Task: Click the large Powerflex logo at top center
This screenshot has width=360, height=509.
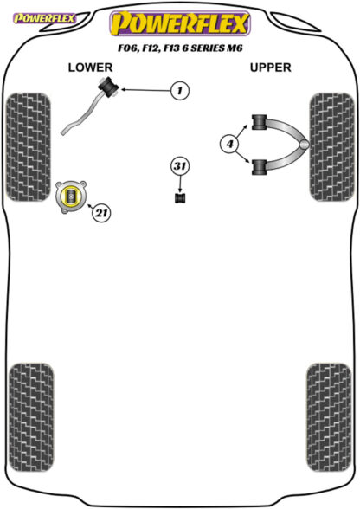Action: (180, 23)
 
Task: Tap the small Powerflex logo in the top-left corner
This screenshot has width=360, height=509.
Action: (44, 18)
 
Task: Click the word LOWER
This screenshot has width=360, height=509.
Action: (90, 68)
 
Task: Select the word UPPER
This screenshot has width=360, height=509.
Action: (270, 68)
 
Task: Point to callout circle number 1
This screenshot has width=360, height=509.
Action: (180, 90)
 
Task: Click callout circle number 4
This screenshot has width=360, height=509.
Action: (229, 144)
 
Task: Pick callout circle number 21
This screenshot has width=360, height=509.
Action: (101, 213)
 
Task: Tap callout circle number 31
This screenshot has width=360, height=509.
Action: (180, 166)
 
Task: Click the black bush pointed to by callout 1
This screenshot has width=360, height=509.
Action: (108, 86)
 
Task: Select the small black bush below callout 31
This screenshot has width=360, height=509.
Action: (180, 198)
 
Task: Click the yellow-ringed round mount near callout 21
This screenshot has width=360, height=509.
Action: (71, 197)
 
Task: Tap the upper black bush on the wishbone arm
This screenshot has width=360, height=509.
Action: (259, 122)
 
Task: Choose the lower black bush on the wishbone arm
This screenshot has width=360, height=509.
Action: (259, 168)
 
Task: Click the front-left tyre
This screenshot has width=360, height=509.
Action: (29, 147)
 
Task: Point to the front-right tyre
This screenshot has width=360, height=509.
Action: (332, 147)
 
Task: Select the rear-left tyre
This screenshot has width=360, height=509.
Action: (31, 417)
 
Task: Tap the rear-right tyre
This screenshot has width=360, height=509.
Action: (329, 417)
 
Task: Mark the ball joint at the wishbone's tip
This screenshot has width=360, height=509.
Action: (304, 145)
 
